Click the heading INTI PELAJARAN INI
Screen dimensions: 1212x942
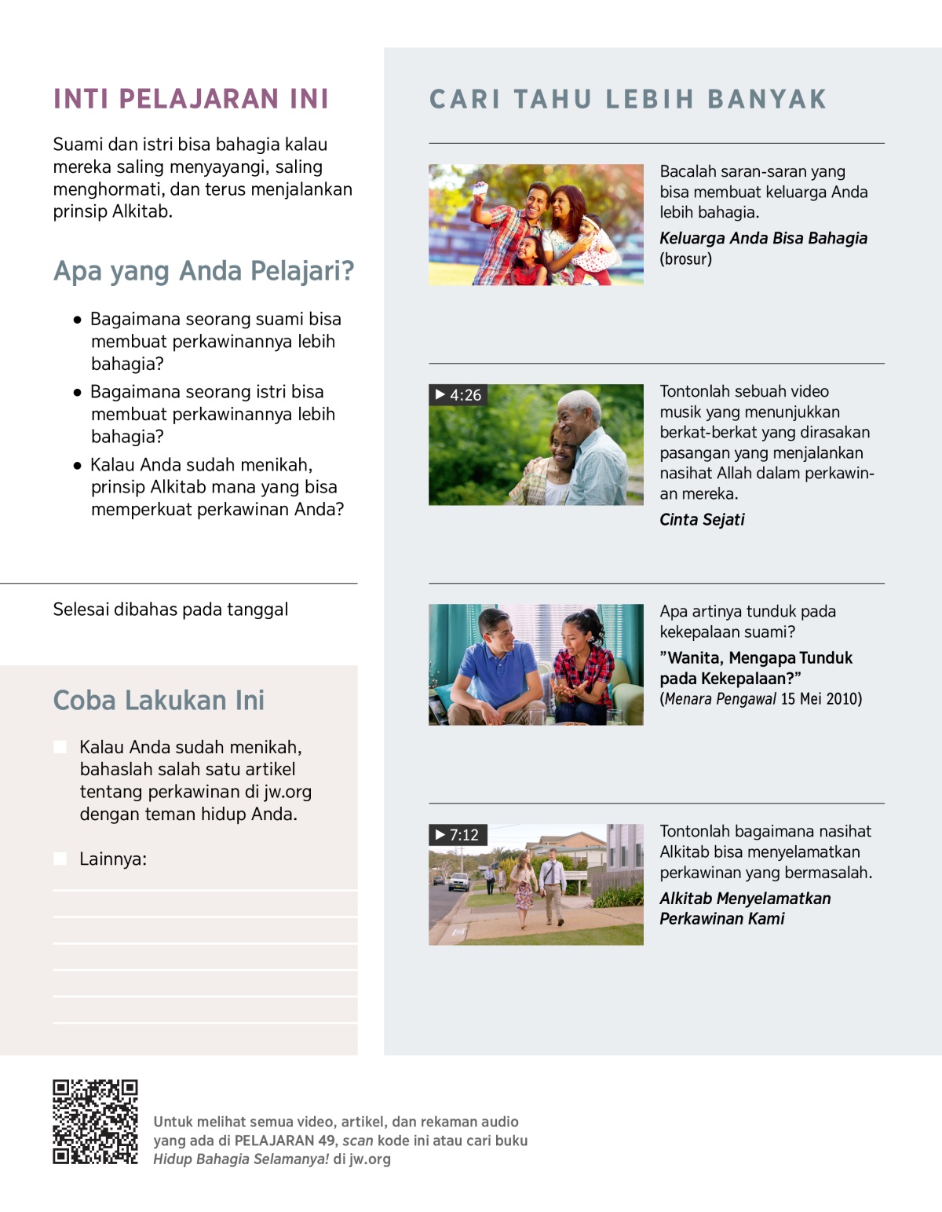(x=191, y=99)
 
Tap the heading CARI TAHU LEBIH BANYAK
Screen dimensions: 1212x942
(x=628, y=100)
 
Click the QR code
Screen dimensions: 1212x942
(x=95, y=1122)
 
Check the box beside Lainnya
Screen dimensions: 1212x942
(x=60, y=859)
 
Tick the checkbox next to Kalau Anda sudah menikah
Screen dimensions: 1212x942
(x=60, y=746)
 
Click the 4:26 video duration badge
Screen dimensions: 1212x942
(x=458, y=395)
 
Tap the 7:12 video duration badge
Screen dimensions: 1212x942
(x=458, y=835)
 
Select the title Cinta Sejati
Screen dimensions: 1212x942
(x=702, y=519)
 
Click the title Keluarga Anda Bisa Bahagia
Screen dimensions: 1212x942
(x=763, y=238)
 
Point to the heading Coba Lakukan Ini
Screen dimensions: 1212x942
(x=159, y=700)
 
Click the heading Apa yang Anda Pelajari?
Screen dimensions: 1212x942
(x=203, y=271)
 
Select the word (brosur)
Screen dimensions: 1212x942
(x=685, y=259)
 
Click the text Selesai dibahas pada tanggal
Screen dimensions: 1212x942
(x=170, y=610)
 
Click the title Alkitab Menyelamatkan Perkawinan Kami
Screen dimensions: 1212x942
(x=744, y=909)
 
